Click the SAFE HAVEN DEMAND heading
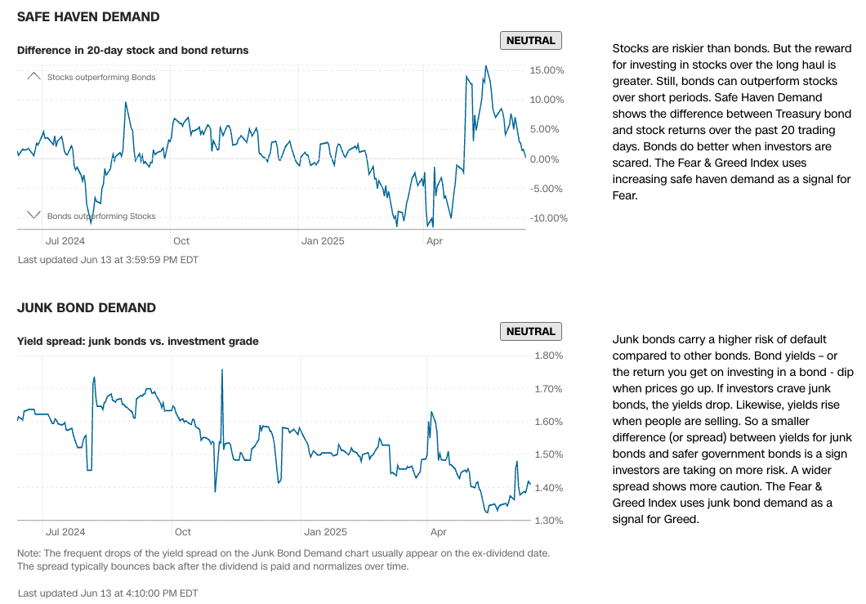point(88,17)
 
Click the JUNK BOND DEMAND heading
point(86,308)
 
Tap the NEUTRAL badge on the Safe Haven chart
point(530,41)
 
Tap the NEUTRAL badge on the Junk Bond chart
point(530,332)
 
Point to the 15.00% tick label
point(547,70)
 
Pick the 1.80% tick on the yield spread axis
point(548,356)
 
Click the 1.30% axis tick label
point(548,521)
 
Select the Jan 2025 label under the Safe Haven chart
point(323,241)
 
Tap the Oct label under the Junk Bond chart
point(183,532)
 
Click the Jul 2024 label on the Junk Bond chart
point(65,532)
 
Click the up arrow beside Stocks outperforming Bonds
point(33,76)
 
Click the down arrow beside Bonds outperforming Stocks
point(33,216)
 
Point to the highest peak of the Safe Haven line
point(486,66)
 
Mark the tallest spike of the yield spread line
point(222,370)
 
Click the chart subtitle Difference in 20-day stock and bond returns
point(132,51)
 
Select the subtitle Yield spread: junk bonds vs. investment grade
point(137,342)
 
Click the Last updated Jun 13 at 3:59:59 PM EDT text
point(107,260)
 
